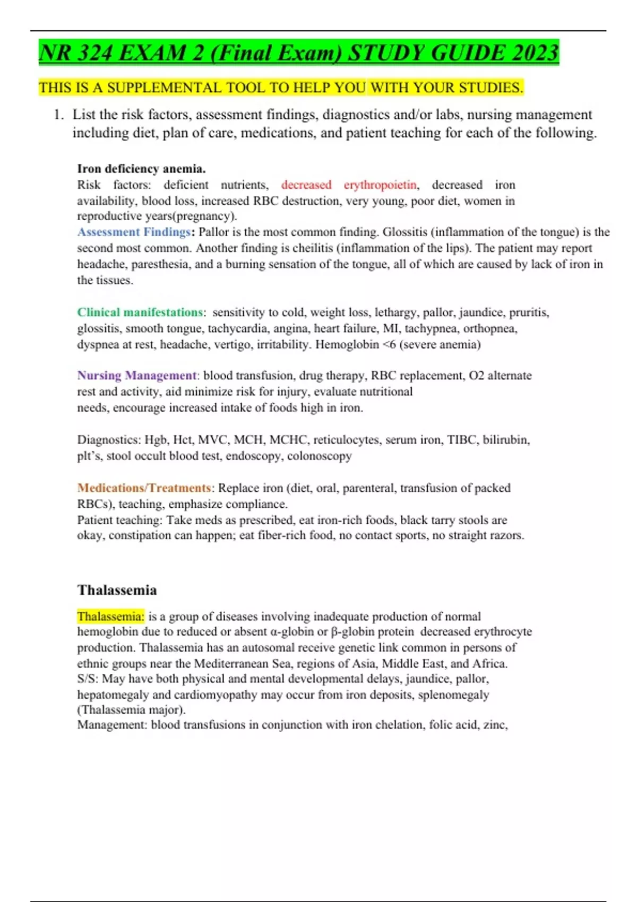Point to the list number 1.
pos(58,115)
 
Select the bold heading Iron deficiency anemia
pos(141,169)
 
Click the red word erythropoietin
pos(380,185)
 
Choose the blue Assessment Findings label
pos(134,232)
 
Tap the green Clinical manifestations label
pos(140,312)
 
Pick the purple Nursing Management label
pos(137,376)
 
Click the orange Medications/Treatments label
pos(144,488)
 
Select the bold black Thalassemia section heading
pos(117,590)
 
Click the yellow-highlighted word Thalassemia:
pos(110,617)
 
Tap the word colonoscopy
pos(320,456)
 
